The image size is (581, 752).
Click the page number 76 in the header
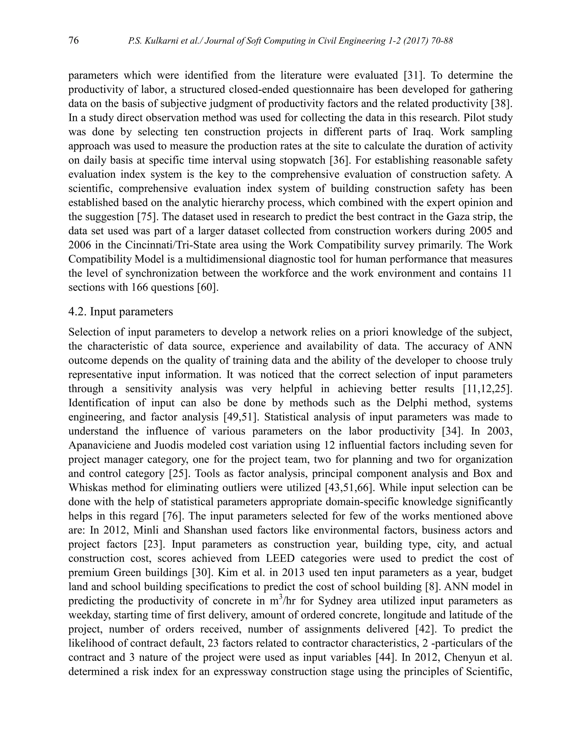pyautogui.click(x=74, y=41)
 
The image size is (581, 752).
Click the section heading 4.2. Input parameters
pyautogui.click(x=121, y=312)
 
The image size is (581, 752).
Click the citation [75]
pyautogui.click(x=148, y=217)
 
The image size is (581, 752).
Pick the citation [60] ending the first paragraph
pyautogui.click(x=208, y=287)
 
